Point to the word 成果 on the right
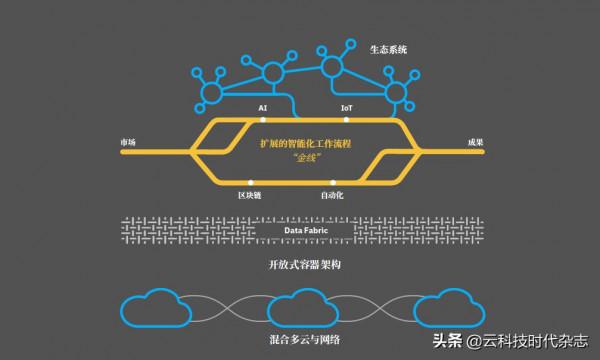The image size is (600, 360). [475, 141]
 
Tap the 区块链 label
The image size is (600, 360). [251, 196]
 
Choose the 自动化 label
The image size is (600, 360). [332, 196]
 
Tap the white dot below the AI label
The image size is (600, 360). [263, 118]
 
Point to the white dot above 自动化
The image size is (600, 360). [332, 183]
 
